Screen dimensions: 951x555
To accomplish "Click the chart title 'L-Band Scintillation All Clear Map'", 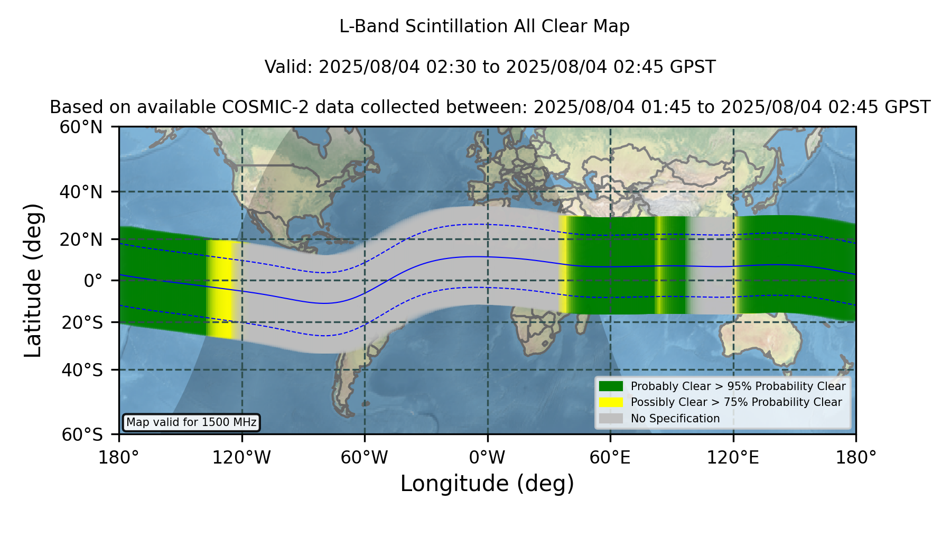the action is [484, 26].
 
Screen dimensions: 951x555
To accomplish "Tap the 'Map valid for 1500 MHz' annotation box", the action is [191, 422].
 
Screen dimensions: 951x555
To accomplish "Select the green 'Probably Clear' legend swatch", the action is [611, 386].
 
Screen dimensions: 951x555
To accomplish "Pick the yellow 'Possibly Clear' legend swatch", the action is [611, 402].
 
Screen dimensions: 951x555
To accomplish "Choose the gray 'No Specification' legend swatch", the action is [611, 419].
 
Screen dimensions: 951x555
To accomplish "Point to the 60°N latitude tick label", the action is [81, 127].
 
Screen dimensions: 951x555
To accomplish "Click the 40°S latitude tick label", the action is [82, 370].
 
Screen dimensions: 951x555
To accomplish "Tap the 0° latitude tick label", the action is [93, 281].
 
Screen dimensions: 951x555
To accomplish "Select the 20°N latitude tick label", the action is [81, 239].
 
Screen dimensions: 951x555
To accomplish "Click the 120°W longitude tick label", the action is [241, 458].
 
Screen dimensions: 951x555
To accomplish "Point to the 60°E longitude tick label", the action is [610, 458].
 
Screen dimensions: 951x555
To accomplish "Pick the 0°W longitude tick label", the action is [487, 458].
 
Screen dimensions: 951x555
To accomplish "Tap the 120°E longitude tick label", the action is [733, 458].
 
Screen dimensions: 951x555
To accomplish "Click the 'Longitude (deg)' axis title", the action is [487, 484].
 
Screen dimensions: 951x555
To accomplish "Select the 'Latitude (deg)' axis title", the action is [33, 280].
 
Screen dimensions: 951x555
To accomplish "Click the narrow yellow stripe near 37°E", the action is [563, 264].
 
